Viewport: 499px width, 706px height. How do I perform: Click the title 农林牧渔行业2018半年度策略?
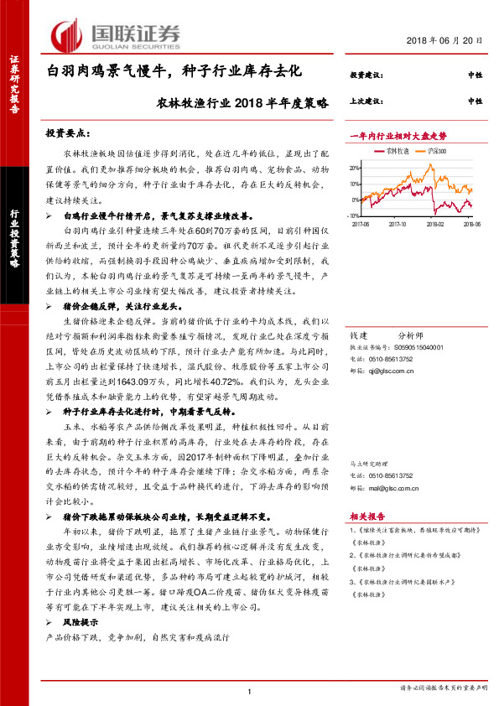tap(242, 102)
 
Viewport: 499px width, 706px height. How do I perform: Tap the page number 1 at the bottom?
tap(250, 691)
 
